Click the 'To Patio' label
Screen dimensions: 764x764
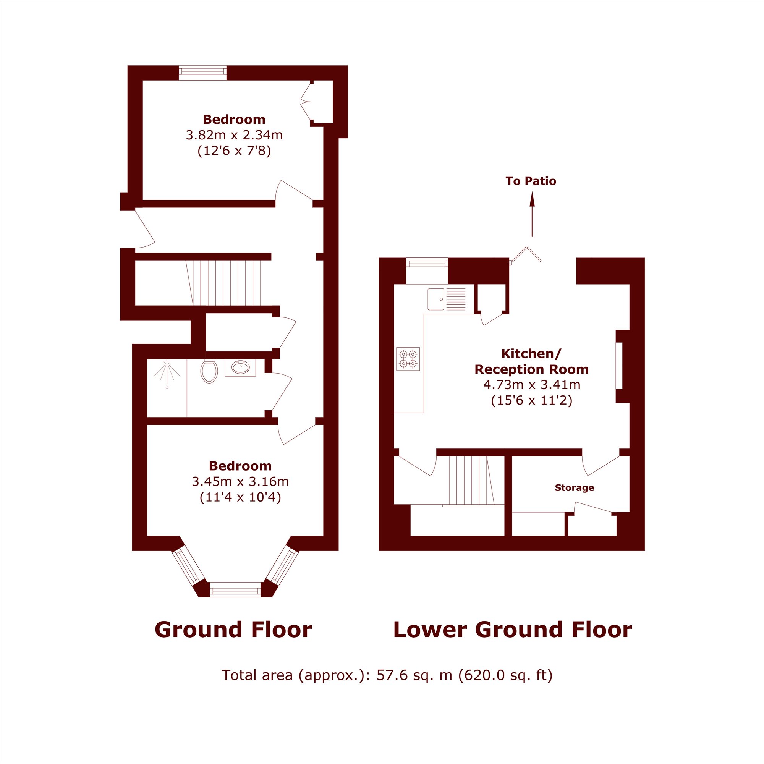531,181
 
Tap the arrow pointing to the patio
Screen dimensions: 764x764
532,214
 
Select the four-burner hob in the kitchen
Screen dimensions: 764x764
408,359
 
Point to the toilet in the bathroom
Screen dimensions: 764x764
209,371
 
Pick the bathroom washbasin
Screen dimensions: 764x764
240,367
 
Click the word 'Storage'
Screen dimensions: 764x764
574,487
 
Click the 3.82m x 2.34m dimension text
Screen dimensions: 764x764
234,135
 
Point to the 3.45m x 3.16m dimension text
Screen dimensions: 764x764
240,481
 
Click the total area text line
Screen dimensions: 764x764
387,675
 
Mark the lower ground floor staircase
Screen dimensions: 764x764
471,480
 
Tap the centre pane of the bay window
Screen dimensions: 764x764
235,589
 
